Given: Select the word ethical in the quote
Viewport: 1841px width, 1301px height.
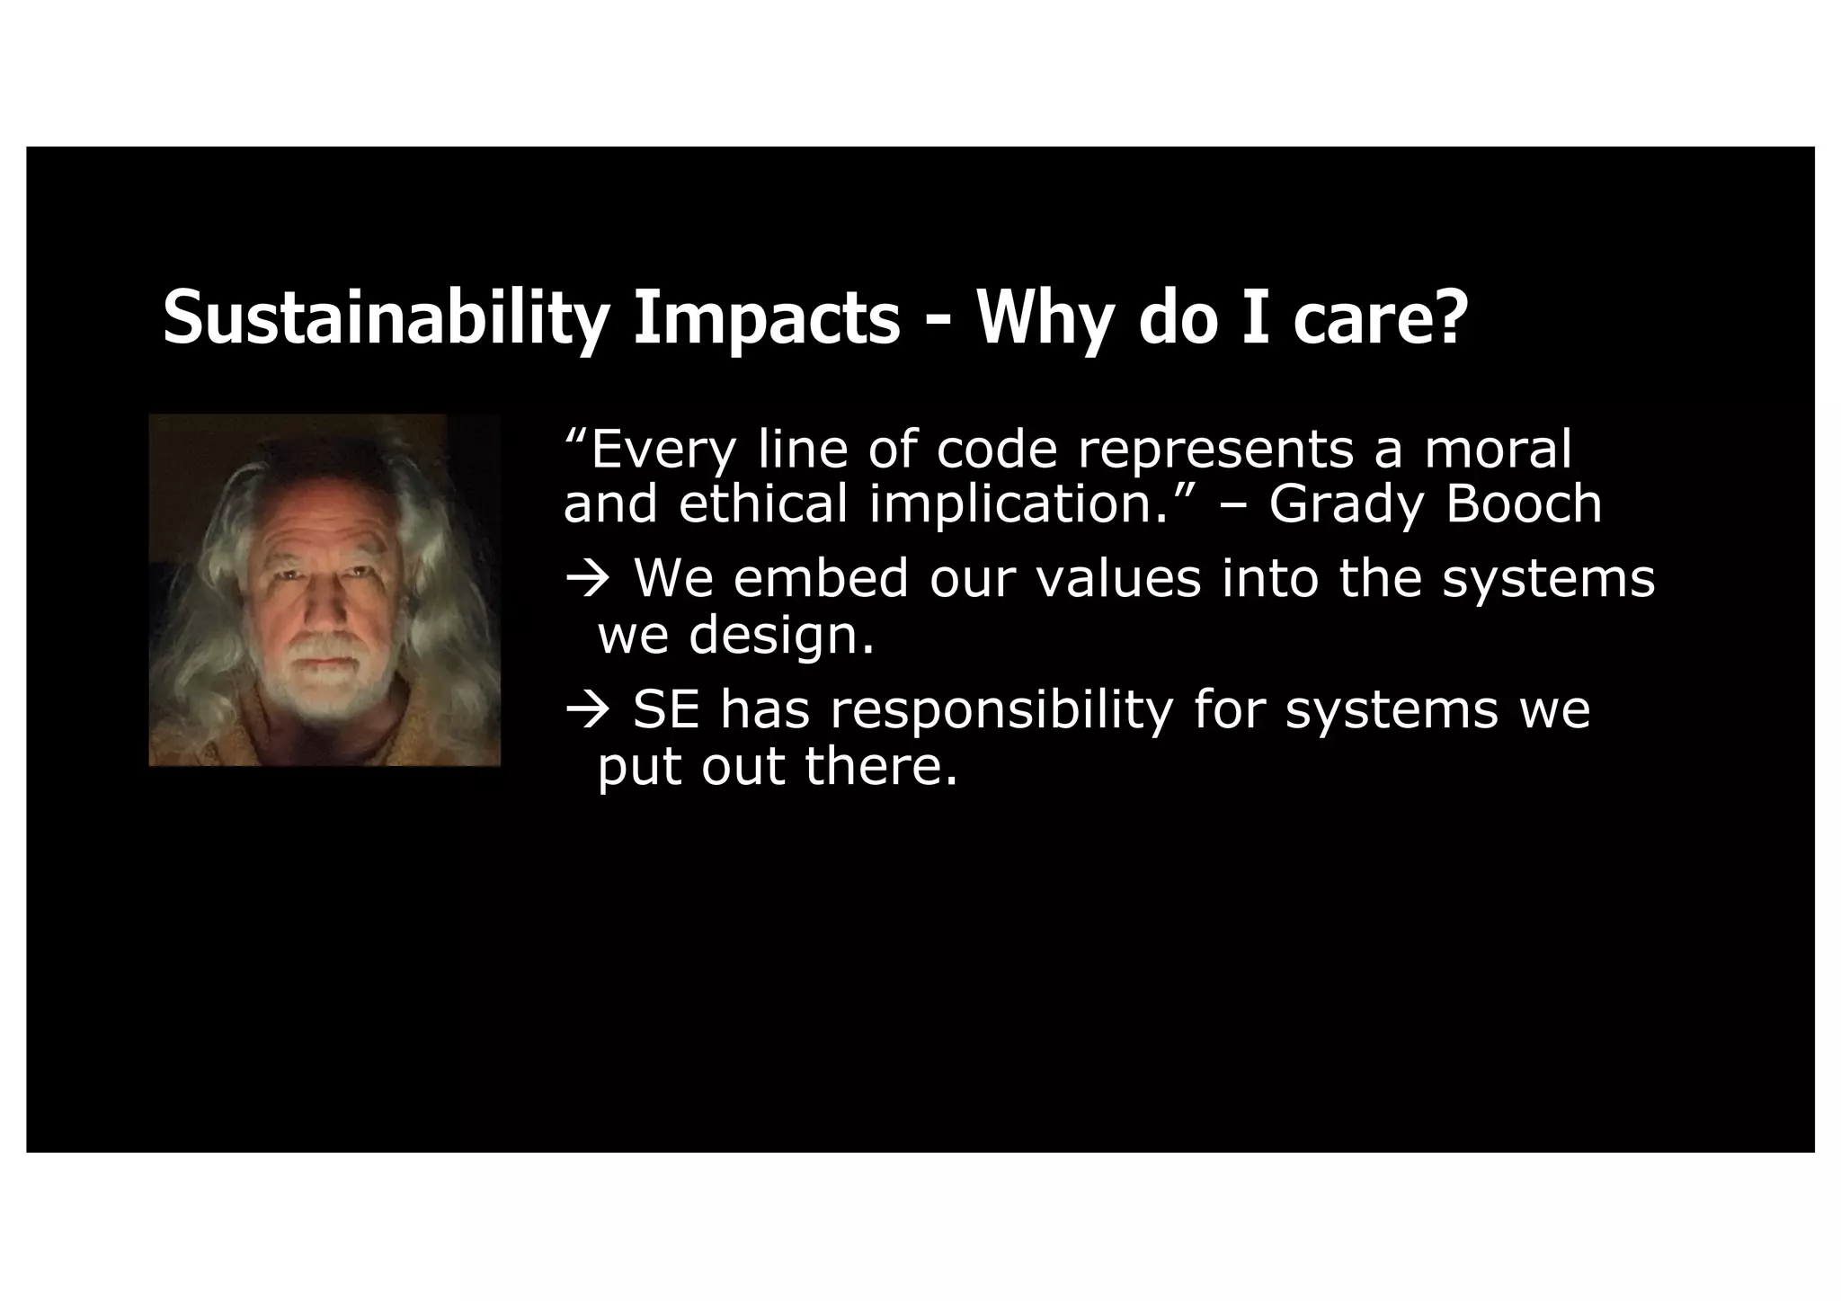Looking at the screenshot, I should [762, 503].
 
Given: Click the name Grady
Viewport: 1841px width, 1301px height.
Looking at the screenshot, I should [1346, 505].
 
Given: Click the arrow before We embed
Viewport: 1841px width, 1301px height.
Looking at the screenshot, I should [588, 579].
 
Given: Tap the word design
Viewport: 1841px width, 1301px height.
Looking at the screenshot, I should [780, 637].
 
